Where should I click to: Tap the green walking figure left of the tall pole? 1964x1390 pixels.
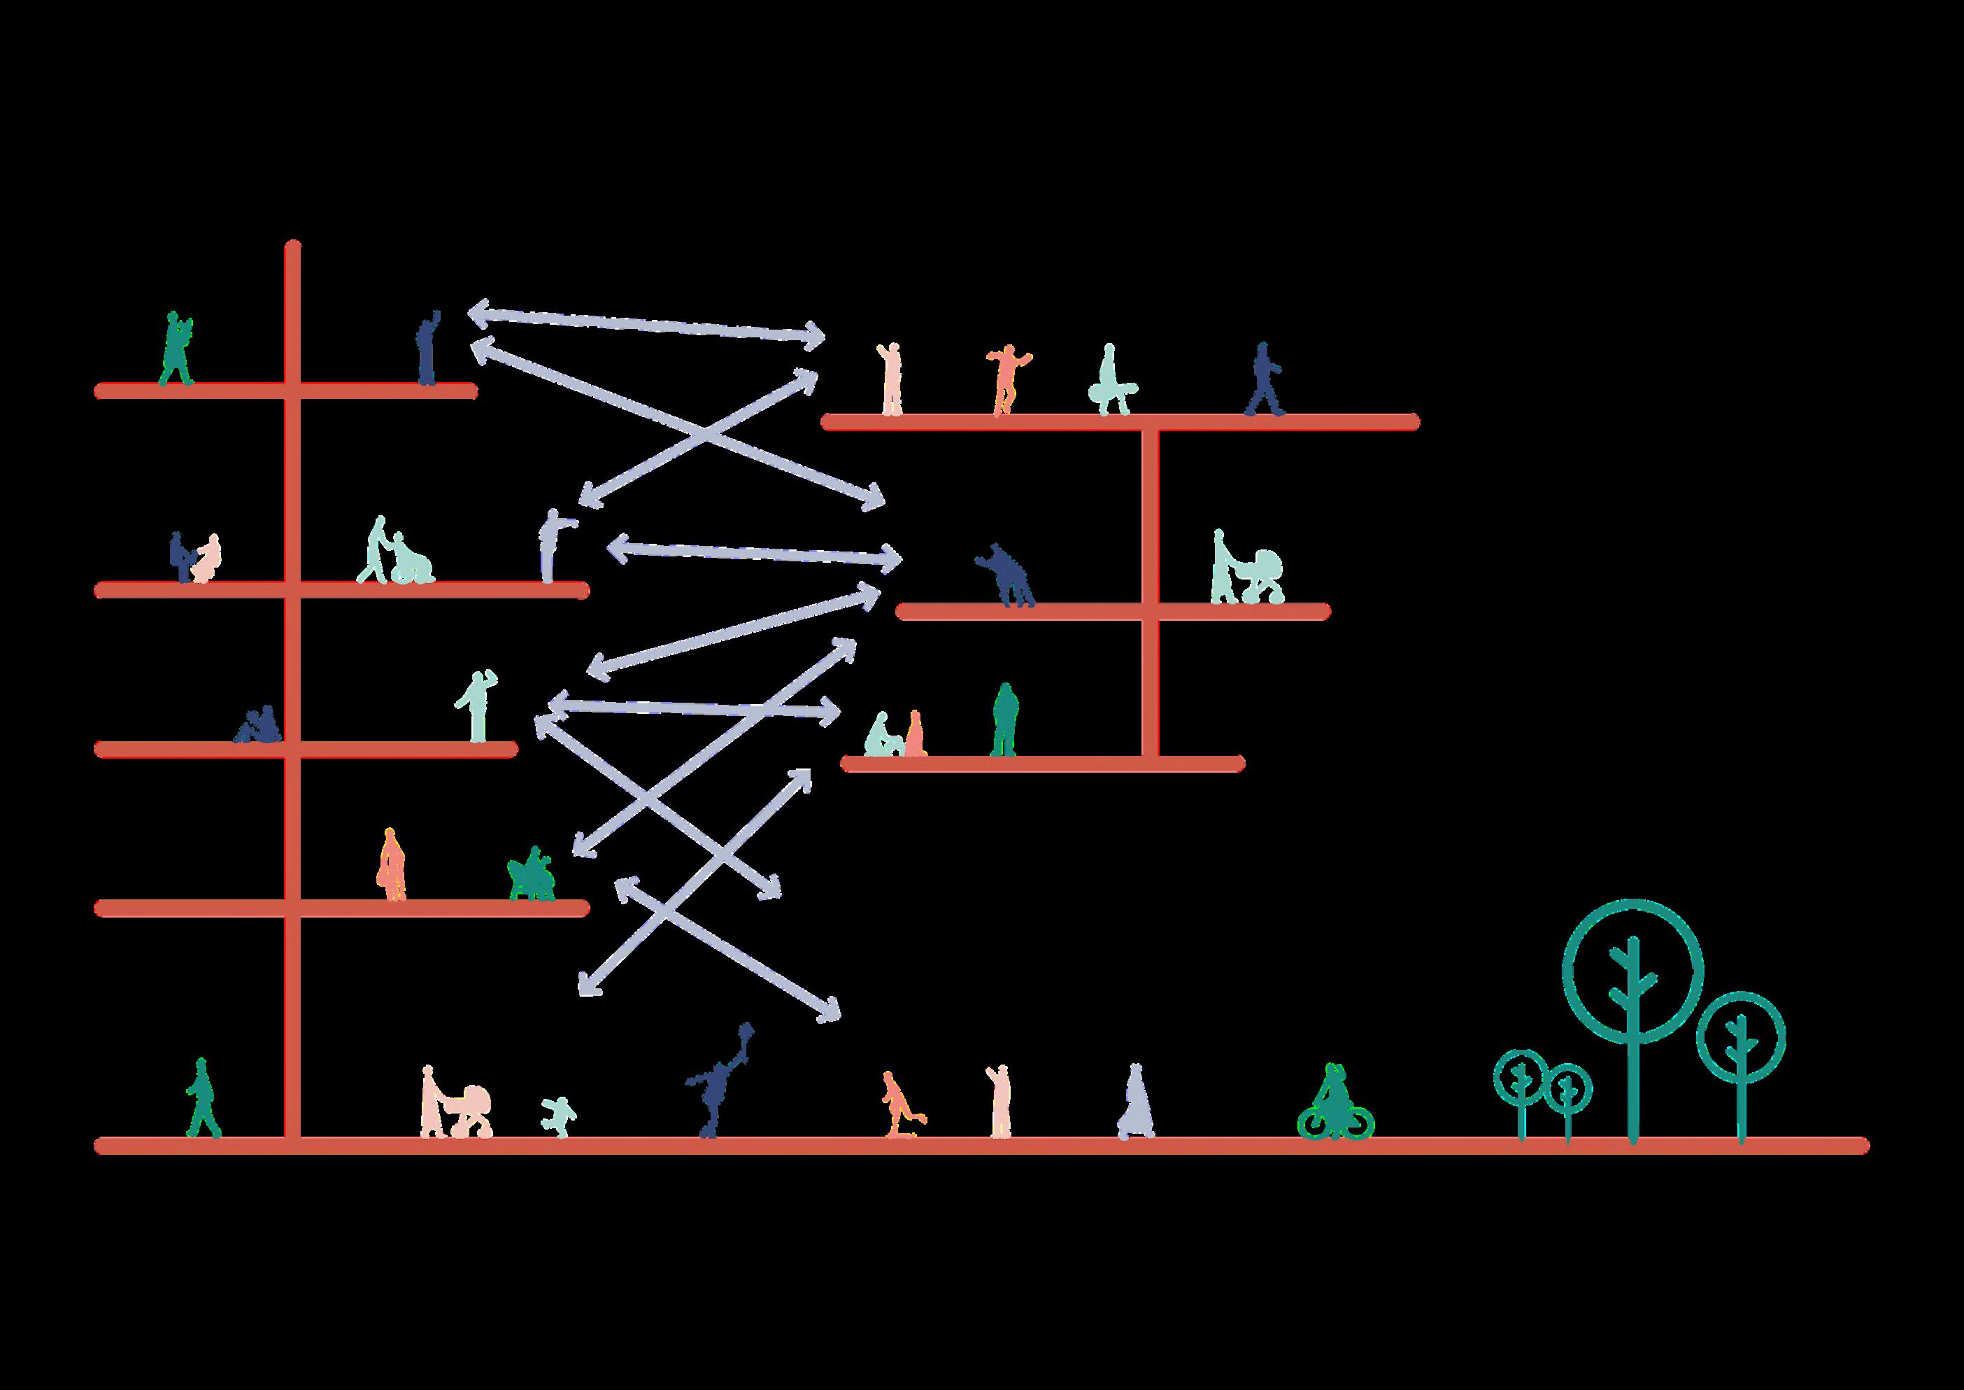(202, 1099)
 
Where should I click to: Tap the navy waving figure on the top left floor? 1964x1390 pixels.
(427, 349)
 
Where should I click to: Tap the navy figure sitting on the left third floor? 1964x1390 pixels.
(258, 726)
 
